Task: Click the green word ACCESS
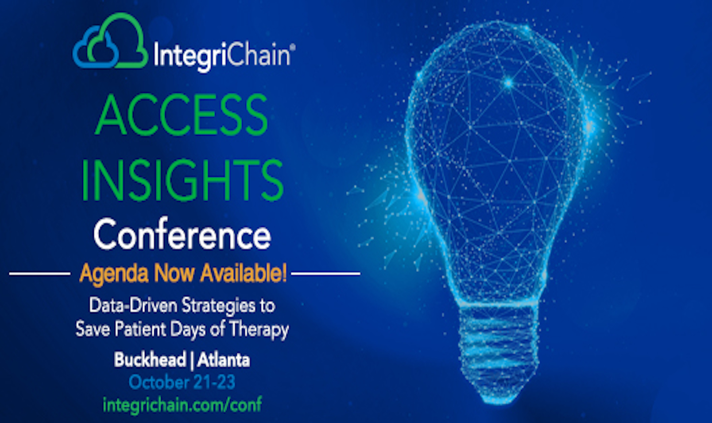(181, 115)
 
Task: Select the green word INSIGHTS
(182, 180)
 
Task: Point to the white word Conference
(182, 234)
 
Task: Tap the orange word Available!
(243, 273)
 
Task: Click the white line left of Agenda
(40, 273)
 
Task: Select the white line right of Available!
(326, 273)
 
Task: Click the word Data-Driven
(133, 305)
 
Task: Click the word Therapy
(259, 330)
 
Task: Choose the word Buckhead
(150, 359)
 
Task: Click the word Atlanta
(223, 360)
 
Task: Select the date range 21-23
(214, 382)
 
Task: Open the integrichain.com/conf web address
(182, 405)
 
